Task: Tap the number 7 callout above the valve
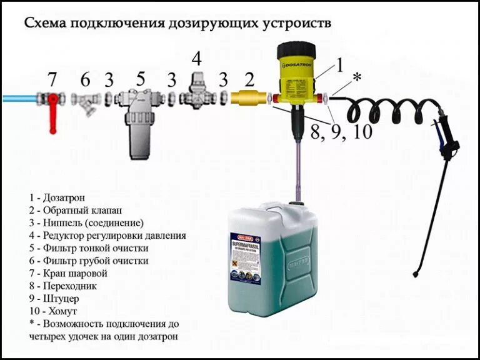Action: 52,79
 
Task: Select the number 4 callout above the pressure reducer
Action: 197,60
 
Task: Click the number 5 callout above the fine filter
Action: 141,79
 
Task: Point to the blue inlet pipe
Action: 19,99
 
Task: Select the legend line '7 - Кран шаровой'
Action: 68,273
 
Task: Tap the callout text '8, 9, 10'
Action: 341,132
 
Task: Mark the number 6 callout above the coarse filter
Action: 86,79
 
